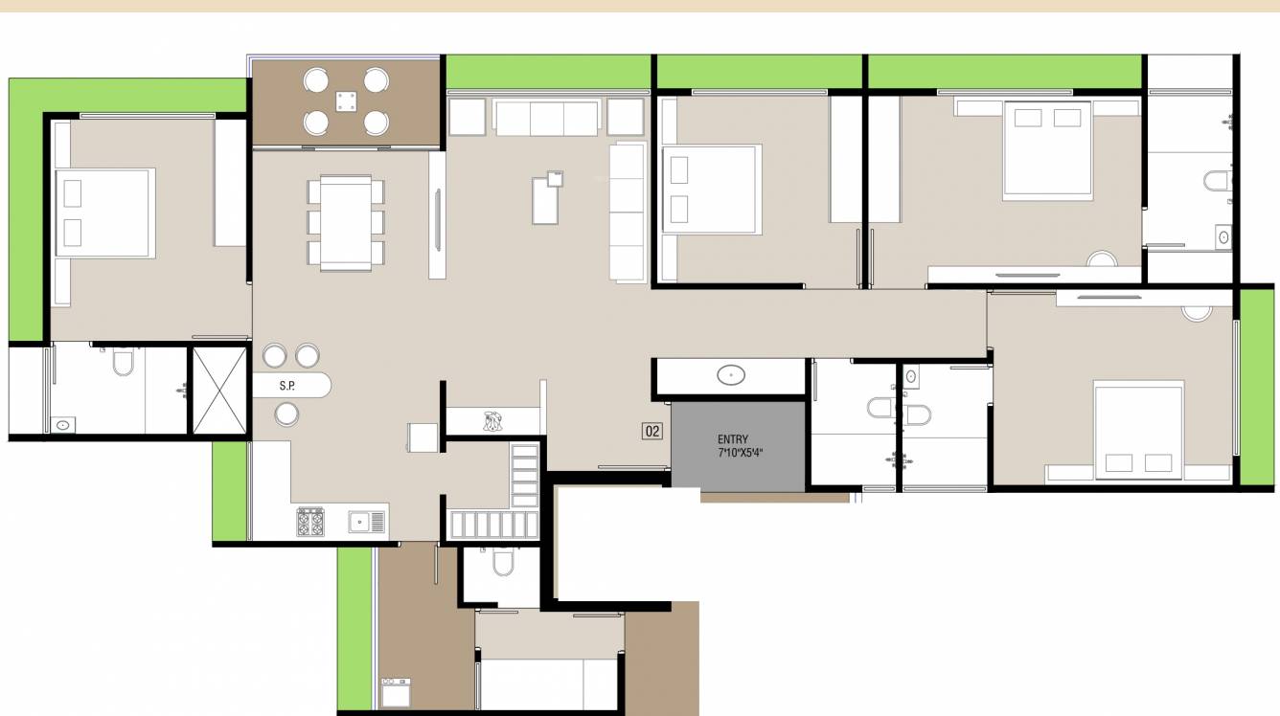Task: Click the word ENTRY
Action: (x=733, y=439)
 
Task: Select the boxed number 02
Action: (x=651, y=432)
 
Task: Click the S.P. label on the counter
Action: (x=286, y=386)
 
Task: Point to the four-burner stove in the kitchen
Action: (x=309, y=522)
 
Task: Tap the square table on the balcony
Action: (x=346, y=100)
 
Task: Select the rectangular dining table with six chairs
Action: (x=346, y=223)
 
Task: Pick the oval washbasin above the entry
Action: (x=732, y=375)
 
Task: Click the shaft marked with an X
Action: (x=219, y=392)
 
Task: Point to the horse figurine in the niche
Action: (x=493, y=420)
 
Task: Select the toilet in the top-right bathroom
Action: (x=1218, y=180)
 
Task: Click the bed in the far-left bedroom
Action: (x=104, y=213)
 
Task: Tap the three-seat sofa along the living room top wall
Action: (x=546, y=118)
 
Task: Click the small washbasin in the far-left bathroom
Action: (x=63, y=424)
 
